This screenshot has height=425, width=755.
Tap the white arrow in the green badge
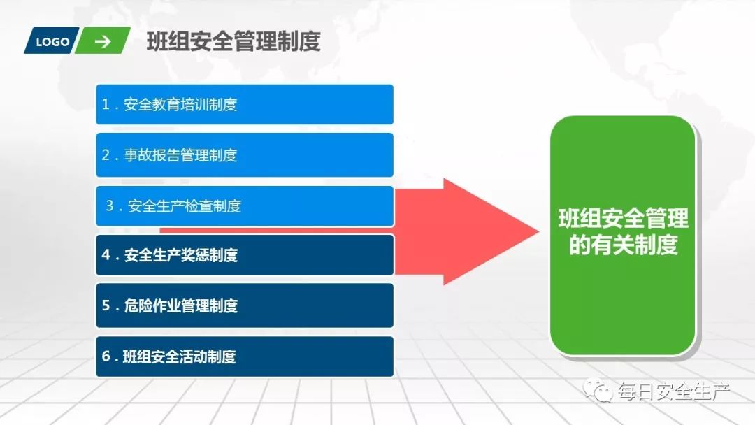click(x=103, y=41)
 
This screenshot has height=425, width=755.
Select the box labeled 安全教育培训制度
click(x=245, y=105)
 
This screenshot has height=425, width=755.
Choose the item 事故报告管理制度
click(x=245, y=155)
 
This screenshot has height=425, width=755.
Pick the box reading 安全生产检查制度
click(x=245, y=206)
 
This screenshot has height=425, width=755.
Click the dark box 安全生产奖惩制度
click(x=245, y=255)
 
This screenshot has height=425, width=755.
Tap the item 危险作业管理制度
click(x=245, y=305)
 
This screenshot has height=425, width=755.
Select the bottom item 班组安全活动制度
click(x=245, y=356)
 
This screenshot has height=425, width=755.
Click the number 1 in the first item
click(x=106, y=105)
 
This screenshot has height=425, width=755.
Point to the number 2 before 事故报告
click(x=106, y=155)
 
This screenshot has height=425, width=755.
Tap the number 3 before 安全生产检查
click(x=110, y=206)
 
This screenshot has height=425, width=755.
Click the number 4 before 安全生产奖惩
click(x=106, y=255)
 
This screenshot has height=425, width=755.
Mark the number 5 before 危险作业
click(x=106, y=305)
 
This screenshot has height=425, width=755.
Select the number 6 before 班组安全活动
click(x=106, y=356)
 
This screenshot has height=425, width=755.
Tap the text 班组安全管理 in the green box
click(x=623, y=219)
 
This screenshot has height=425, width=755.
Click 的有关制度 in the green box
click(x=623, y=245)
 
